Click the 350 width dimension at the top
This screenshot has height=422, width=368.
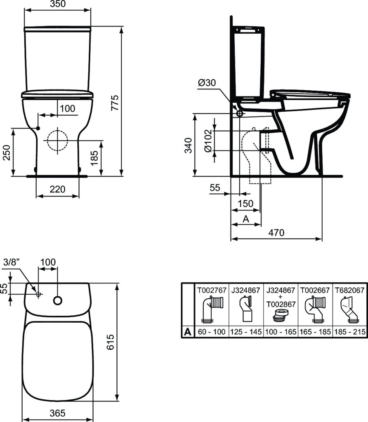tap(57, 4)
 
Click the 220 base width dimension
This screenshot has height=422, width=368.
tap(57, 189)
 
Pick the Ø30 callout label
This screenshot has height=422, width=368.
tap(207, 83)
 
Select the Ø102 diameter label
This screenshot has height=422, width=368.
tap(208, 140)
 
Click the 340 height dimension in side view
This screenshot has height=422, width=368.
tap(188, 145)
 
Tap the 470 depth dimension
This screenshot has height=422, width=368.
tap(276, 233)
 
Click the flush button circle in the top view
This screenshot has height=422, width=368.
tap(58, 301)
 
